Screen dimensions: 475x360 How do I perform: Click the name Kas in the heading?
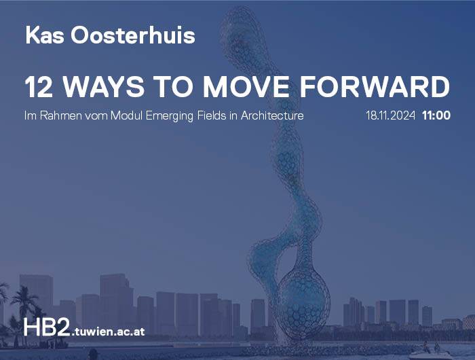tap(45, 35)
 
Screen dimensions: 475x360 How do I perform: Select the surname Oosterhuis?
tap(133, 35)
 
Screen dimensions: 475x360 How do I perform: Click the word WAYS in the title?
tap(103, 87)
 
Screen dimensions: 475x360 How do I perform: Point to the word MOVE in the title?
tap(246, 87)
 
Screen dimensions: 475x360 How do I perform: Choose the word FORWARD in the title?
tap(375, 87)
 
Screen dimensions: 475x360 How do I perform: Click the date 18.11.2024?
tap(390, 115)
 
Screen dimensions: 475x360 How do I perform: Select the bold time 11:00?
tap(436, 115)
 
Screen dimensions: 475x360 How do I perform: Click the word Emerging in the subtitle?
tap(170, 116)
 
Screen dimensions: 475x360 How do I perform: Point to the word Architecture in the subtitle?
tap(272, 115)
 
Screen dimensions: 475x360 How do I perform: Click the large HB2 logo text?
tap(47, 327)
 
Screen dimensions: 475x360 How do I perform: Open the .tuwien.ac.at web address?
tap(108, 331)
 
